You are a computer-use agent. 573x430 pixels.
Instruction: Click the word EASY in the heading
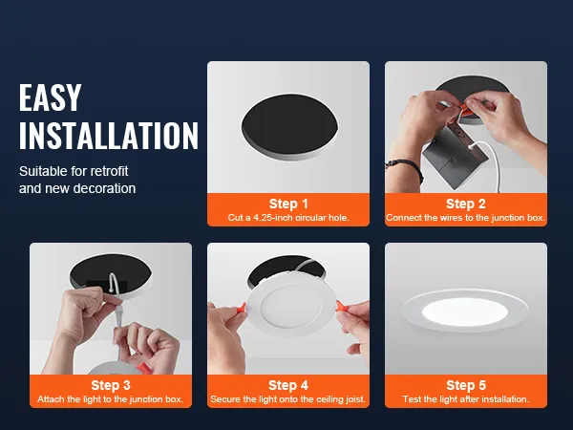pos(51,97)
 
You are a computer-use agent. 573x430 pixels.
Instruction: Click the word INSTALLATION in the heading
pos(108,136)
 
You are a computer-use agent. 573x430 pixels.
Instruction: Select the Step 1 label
pos(288,204)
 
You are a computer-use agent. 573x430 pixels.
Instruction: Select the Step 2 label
pos(466,204)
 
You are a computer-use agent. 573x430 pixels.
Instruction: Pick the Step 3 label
pos(111,385)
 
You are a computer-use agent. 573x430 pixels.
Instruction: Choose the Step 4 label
pos(288,385)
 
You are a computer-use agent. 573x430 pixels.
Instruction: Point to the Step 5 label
pos(466,385)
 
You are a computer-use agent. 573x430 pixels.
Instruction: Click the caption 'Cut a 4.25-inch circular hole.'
pos(288,218)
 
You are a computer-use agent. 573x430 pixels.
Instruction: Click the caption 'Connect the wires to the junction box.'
pos(466,218)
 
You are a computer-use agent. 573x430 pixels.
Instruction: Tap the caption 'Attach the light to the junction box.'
pos(111,398)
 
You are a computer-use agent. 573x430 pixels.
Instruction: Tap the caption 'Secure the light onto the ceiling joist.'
pos(288,398)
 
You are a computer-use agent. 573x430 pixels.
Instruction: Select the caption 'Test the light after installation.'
pos(466,398)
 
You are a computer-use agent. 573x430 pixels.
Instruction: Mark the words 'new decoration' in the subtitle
pos(90,188)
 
